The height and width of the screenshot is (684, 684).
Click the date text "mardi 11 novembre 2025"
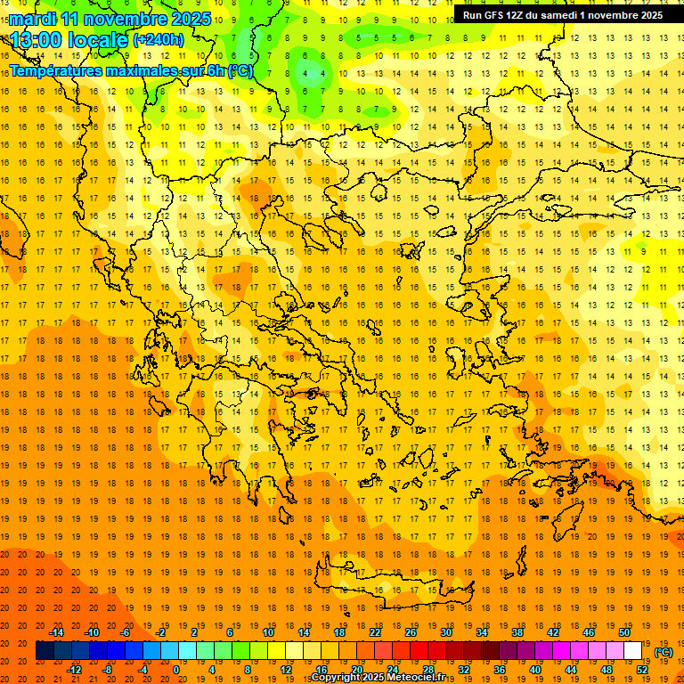pos(110,19)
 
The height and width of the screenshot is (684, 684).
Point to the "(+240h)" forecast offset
pos(159,40)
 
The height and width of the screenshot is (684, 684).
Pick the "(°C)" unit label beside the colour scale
pos(664,652)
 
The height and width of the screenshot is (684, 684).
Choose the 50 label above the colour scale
pos(624,632)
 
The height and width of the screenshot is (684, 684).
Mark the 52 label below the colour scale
pos(642,670)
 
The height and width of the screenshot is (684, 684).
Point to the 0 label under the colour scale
pos(175,670)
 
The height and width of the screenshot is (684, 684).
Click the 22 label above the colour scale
pos(375,632)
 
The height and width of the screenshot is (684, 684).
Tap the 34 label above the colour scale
pos(482,632)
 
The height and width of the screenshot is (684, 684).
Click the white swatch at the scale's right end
pos(633,651)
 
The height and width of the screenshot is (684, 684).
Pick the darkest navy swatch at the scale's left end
pos(45,651)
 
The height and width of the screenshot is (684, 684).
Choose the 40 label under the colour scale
pos(535,670)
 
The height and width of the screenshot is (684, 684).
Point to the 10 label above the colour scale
pos(268,632)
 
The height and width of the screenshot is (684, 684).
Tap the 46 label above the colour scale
pos(589,632)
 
